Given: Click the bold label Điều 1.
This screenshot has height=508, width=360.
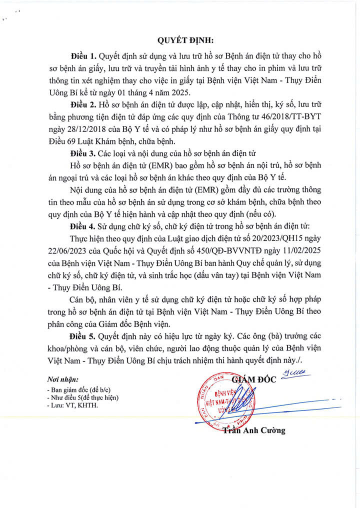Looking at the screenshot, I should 83,54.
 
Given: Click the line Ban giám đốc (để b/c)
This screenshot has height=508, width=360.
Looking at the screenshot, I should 73,389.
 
